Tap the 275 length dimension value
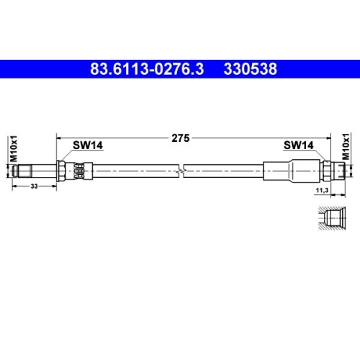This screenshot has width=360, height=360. [x=181, y=140]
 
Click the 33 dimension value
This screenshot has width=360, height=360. [x=33, y=186]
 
